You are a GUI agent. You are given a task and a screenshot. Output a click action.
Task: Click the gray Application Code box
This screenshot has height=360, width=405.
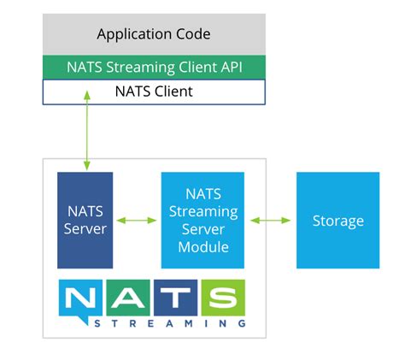click(154, 34)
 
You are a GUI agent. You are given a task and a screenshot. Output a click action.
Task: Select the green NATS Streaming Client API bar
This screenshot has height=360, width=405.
click(154, 67)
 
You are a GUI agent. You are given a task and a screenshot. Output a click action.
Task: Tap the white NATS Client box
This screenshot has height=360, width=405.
click(154, 91)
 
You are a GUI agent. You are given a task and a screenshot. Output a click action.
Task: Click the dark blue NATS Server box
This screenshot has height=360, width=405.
click(85, 220)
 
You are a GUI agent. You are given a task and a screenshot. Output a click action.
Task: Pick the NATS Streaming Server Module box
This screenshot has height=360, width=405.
click(202, 220)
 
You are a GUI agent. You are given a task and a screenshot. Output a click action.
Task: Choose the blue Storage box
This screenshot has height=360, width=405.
click(337, 221)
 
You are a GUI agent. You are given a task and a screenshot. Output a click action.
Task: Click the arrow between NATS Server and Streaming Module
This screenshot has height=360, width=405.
click(137, 221)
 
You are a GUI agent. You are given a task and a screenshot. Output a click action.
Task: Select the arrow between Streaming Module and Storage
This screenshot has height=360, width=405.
click(270, 221)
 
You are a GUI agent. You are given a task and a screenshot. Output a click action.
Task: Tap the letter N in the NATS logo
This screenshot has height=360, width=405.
click(86, 298)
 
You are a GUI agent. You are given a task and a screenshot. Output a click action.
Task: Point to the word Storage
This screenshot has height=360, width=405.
click(337, 221)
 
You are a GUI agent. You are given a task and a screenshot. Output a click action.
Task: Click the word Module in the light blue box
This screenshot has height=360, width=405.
click(202, 247)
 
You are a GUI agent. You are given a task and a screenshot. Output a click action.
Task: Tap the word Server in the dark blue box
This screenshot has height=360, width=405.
click(85, 229)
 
